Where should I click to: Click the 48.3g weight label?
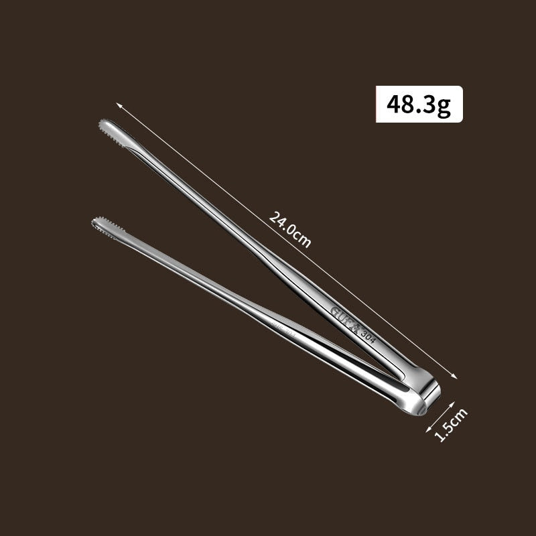click(x=419, y=104)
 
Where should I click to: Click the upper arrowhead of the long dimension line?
click(x=118, y=105)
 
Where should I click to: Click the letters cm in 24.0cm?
click(x=303, y=239)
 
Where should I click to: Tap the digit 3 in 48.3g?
click(x=429, y=105)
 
